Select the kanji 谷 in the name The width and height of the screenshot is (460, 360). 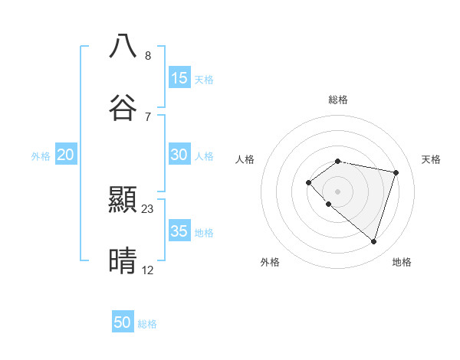pos(123,107)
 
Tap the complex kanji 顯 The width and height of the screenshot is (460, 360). pos(123,200)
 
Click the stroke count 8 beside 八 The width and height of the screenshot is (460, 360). pos(148,55)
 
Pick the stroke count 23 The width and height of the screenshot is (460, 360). pos(148,208)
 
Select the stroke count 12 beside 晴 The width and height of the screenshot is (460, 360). pos(148,270)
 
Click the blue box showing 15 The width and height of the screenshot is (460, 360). pos(179,77)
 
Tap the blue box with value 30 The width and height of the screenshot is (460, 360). pos(179,154)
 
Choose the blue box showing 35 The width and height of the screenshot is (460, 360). pos(179,231)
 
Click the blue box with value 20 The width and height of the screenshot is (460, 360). pos(66,155)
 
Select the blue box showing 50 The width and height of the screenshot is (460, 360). pos(123,322)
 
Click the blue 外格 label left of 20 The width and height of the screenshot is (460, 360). pos(41,156)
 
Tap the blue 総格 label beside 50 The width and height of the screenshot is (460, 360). pos(147,324)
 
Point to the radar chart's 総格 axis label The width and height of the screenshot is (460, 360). pos(338,100)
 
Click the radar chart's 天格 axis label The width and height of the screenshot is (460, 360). pos(432,159)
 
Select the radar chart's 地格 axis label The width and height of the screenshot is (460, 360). pos(402,262)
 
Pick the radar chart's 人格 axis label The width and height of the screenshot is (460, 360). pos(245,159)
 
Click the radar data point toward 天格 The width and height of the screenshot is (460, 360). pos(396,172)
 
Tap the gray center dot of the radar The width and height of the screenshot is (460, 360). pos(338,191)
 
